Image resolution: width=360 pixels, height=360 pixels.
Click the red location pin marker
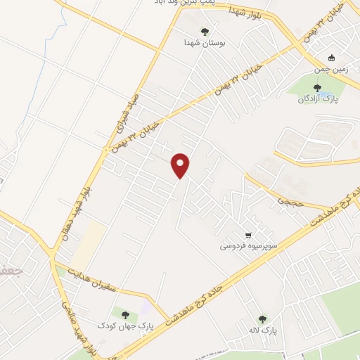click(181, 165)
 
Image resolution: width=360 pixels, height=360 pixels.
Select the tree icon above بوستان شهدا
click(205, 31)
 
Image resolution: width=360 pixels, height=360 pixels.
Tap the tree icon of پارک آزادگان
click(317, 88)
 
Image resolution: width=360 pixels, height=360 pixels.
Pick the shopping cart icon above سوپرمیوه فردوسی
click(247, 235)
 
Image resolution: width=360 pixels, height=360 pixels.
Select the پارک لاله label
click(264, 330)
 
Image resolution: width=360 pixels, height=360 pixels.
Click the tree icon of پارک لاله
click(262, 319)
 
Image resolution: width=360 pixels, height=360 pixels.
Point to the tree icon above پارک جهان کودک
click(125, 314)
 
